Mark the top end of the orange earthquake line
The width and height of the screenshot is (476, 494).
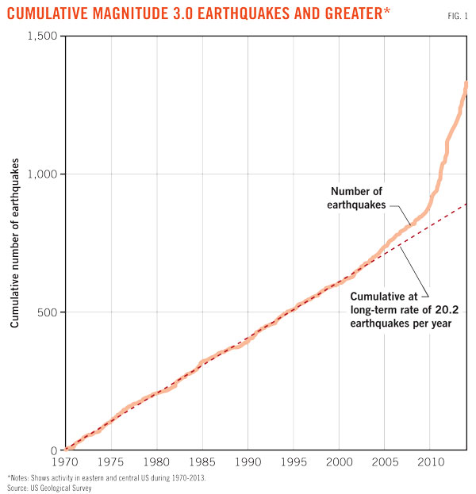click(x=466, y=83)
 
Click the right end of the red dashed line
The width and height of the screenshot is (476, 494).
click(x=466, y=204)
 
